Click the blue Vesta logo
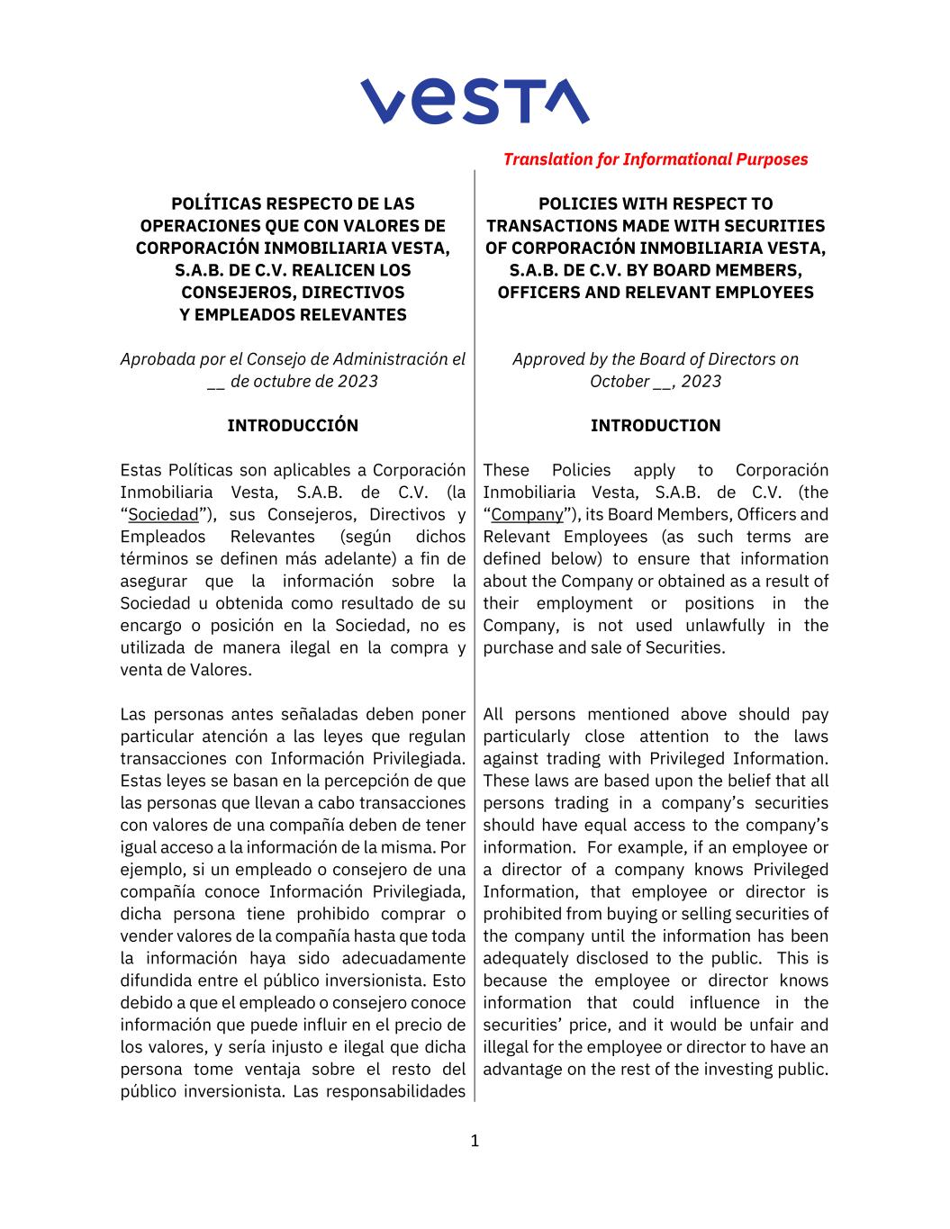tap(475, 100)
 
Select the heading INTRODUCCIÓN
tap(293, 426)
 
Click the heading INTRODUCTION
tap(656, 426)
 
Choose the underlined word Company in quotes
tap(527, 515)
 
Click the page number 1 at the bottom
tap(475, 1142)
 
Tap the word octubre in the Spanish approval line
tap(264, 381)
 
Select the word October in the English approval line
tap(618, 381)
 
